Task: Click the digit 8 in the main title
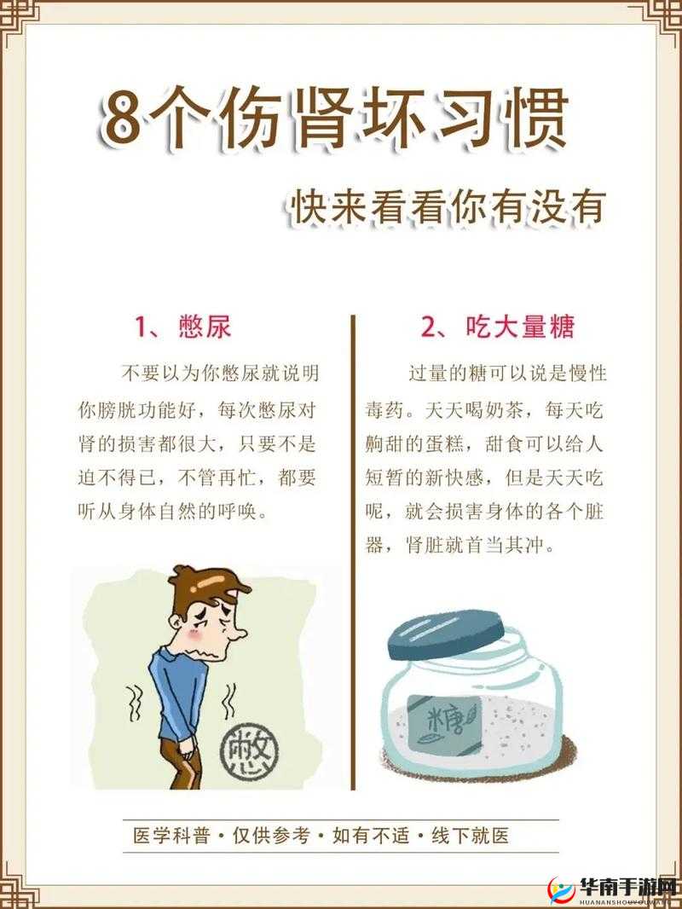click(121, 120)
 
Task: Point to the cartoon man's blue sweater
click(183, 682)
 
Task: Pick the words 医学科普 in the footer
click(172, 836)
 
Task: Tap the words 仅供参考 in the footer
click(273, 836)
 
